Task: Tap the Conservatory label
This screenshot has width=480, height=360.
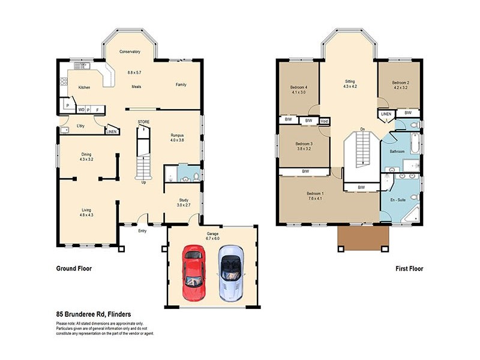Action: pos(130,52)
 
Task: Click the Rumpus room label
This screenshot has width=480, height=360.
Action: pos(177,135)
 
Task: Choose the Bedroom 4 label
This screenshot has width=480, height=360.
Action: pos(298,88)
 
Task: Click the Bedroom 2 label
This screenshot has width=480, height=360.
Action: pos(401,82)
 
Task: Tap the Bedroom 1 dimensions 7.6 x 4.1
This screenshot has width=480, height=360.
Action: pos(316,198)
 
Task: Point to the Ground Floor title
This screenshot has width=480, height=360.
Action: pos(74,269)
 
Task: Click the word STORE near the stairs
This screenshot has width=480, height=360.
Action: pos(143,122)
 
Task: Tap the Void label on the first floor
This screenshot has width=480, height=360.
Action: pos(325,121)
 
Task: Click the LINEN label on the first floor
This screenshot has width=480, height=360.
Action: pos(386,113)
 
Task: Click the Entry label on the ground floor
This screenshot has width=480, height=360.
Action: pos(142,230)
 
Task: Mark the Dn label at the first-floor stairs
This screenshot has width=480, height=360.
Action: pos(362,129)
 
